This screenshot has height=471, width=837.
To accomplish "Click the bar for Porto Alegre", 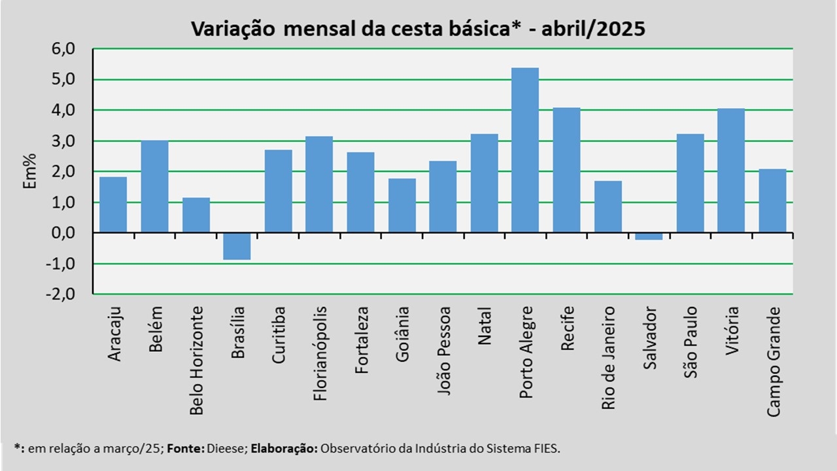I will tap(525, 150).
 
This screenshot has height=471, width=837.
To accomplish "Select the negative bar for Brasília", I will tap(237, 247).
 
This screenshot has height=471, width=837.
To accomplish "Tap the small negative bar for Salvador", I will tap(649, 236).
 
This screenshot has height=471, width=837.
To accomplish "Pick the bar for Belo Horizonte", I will tap(196, 215).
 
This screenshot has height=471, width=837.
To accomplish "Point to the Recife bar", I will tap(566, 170).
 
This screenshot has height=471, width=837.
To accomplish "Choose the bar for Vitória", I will tap(731, 171).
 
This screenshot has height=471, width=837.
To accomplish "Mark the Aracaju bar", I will tap(113, 205).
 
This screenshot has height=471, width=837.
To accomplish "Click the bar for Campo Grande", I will tap(772, 201).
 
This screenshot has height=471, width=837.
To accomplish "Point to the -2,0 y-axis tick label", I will tap(60, 294).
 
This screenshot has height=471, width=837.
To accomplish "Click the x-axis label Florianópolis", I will tap(320, 354).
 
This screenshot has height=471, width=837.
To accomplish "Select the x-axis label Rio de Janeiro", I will tap(608, 358).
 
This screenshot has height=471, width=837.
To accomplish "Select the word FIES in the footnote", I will tap(544, 449).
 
